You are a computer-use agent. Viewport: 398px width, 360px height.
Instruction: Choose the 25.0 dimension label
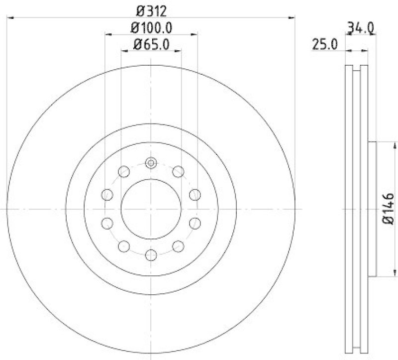(325, 44)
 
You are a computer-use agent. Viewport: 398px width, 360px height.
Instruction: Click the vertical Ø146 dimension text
(389, 209)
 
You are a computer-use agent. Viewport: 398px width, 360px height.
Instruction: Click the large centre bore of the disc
(151, 209)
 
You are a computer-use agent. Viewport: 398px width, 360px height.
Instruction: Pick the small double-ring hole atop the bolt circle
(151, 162)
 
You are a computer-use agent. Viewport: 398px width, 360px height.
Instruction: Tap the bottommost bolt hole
(151, 255)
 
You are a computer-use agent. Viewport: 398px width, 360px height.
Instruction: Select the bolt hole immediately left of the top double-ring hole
(124, 172)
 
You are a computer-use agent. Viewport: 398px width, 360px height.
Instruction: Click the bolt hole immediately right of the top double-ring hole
(178, 172)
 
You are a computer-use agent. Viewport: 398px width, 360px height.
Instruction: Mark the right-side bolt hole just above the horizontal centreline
(195, 194)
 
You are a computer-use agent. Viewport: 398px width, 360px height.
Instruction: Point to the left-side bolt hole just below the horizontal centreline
(106, 223)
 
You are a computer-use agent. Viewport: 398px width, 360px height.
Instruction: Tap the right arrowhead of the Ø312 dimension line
(292, 17)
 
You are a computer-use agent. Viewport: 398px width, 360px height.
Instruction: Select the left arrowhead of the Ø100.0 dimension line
(108, 34)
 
